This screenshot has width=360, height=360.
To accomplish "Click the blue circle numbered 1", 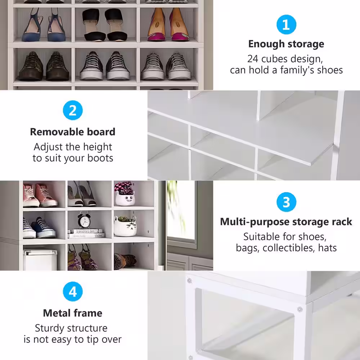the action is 286,24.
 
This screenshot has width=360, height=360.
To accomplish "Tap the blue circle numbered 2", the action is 73,110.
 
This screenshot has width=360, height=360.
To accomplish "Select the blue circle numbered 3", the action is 286,202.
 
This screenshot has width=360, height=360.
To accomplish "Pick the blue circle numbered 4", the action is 73,291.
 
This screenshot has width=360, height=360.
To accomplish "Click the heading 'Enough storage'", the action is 286,44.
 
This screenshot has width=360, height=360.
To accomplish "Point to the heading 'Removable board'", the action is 73,132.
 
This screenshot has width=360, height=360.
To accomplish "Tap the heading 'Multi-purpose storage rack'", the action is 286,222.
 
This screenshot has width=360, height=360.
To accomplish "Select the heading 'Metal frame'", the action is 73,313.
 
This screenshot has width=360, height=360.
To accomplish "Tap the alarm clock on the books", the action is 84,220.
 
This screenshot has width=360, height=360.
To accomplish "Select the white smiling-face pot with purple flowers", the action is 125,193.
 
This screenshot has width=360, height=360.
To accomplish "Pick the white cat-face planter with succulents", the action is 125,226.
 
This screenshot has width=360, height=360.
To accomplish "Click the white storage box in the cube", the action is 40,260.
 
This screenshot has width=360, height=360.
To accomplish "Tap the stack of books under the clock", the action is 86,233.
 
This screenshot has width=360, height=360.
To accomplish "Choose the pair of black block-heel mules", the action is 105,25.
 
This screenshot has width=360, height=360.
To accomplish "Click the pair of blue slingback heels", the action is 44,24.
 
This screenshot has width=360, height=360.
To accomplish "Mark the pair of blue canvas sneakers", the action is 39,228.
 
